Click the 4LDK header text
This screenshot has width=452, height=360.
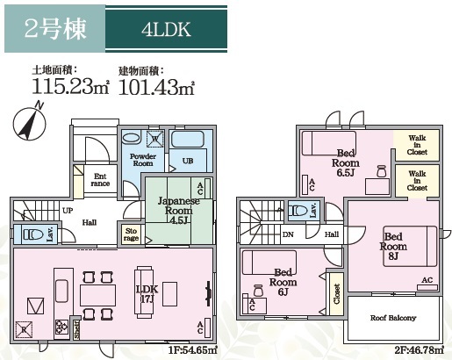click(x=165, y=30)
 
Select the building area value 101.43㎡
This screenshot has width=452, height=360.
click(x=155, y=86)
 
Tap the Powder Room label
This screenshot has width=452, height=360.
click(x=143, y=159)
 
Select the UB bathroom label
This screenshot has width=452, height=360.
click(x=187, y=161)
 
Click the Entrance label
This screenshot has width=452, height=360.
click(x=102, y=180)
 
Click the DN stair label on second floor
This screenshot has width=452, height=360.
click(x=288, y=234)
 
